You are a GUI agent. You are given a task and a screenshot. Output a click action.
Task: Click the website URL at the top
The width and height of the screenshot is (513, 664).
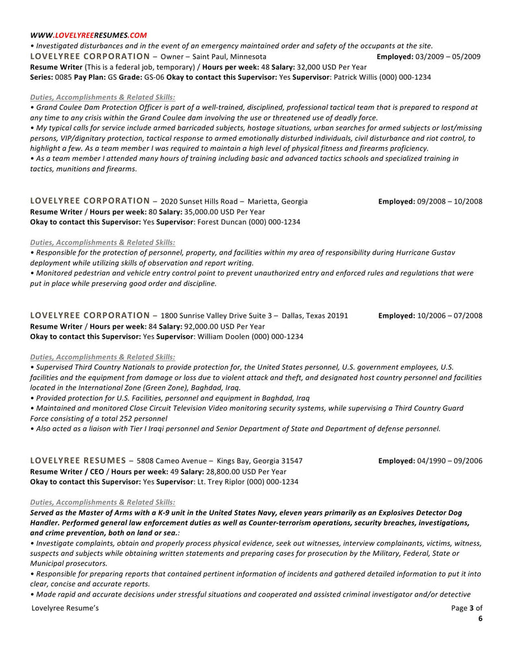tap(88, 35)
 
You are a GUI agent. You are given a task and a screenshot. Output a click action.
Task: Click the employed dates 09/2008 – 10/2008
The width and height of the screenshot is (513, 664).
tap(449, 202)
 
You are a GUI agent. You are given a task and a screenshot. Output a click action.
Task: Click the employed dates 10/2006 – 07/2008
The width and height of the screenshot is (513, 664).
tap(449, 316)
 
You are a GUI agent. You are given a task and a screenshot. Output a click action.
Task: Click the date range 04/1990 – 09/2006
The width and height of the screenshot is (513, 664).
tap(449, 461)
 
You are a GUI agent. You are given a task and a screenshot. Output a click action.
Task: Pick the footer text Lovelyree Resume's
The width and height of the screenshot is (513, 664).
tap(65, 608)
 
